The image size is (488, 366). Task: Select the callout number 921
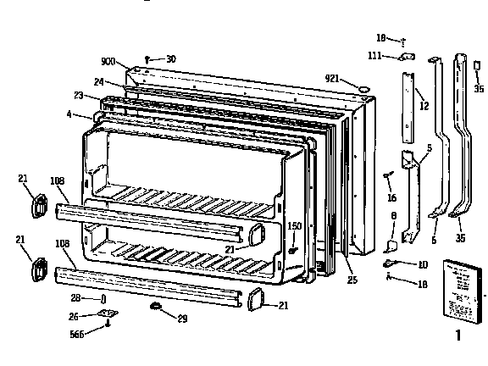[332, 79]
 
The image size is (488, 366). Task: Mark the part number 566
[77, 334]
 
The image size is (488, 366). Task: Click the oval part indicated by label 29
[157, 303]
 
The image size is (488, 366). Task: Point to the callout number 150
[295, 226]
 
